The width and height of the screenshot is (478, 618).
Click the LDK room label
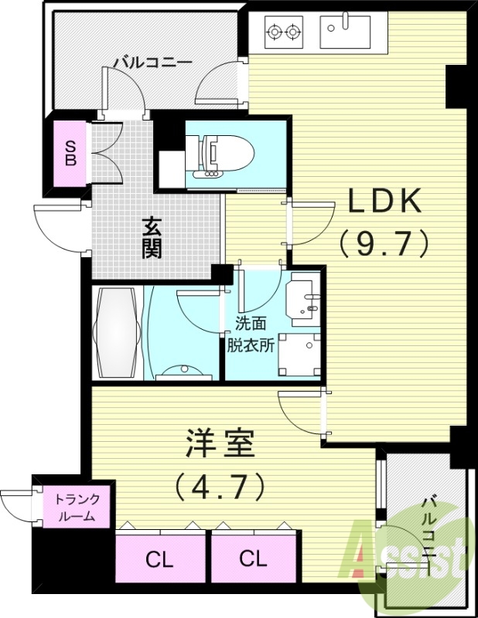pyautogui.click(x=384, y=202)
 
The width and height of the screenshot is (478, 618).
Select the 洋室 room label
pyautogui.click(x=219, y=446)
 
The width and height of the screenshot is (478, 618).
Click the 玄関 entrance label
pyautogui.click(x=152, y=239)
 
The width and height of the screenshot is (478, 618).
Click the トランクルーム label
pyautogui.click(x=75, y=508)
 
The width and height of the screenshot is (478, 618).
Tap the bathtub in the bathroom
pyautogui.click(x=116, y=334)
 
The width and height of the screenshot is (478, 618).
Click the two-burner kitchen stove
pyautogui.click(x=283, y=32)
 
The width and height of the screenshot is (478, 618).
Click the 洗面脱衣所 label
pyautogui.click(x=250, y=336)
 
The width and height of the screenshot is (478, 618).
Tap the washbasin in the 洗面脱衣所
pyautogui.click(x=303, y=297)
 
